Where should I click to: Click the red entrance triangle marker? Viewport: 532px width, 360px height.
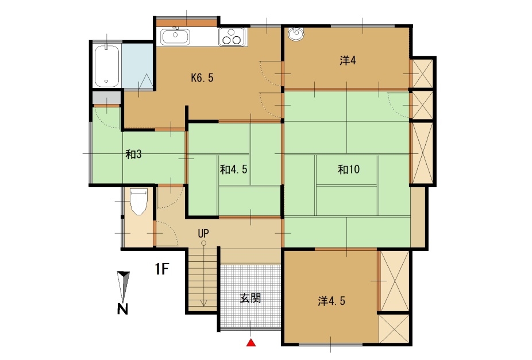250,343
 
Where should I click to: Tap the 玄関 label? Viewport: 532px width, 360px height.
250,299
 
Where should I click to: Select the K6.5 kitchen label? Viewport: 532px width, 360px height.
202,78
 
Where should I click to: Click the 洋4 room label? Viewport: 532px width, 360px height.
348,61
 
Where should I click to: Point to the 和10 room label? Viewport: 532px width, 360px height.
349,169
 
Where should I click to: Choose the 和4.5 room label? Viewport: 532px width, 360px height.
233,169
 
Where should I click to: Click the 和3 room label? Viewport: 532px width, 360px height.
133,154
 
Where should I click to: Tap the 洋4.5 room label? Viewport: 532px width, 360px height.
331,301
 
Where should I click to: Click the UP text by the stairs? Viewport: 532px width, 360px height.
203,233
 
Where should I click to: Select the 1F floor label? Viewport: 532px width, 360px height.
162,269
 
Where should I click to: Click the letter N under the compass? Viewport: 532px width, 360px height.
122,309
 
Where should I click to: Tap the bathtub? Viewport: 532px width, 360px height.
107,66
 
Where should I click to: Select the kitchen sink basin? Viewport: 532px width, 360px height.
175,37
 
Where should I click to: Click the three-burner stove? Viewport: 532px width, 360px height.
232,37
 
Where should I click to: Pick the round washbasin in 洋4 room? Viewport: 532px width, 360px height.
296,33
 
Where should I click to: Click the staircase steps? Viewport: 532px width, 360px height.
203,279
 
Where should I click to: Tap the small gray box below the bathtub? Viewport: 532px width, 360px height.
106,98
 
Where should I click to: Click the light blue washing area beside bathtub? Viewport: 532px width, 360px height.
138,66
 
